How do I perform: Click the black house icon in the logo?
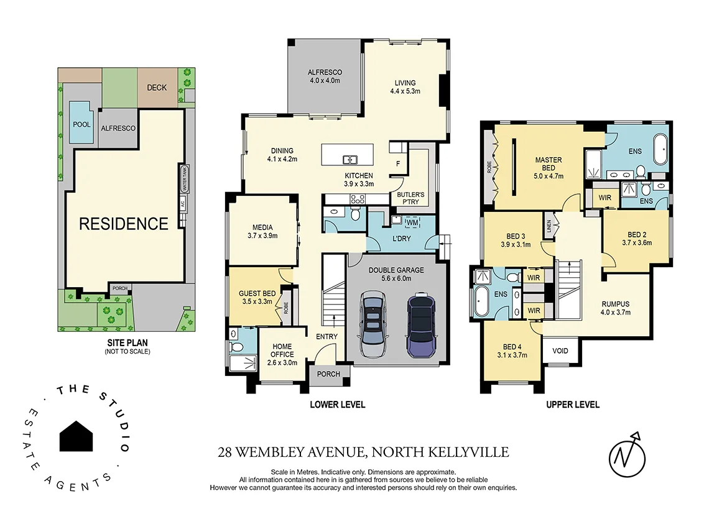click(x=76, y=436)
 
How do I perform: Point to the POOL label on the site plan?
click(x=81, y=124)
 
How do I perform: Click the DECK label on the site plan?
click(x=157, y=88)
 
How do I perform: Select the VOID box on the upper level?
click(x=560, y=351)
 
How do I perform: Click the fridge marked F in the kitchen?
click(x=398, y=164)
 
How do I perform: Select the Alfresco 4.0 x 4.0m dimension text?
click(x=325, y=81)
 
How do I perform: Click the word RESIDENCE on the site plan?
click(x=124, y=224)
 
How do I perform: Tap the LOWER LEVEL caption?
click(x=337, y=405)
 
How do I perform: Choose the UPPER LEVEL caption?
click(x=572, y=405)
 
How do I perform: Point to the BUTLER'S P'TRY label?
click(x=410, y=198)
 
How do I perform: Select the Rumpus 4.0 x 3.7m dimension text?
click(x=615, y=313)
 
